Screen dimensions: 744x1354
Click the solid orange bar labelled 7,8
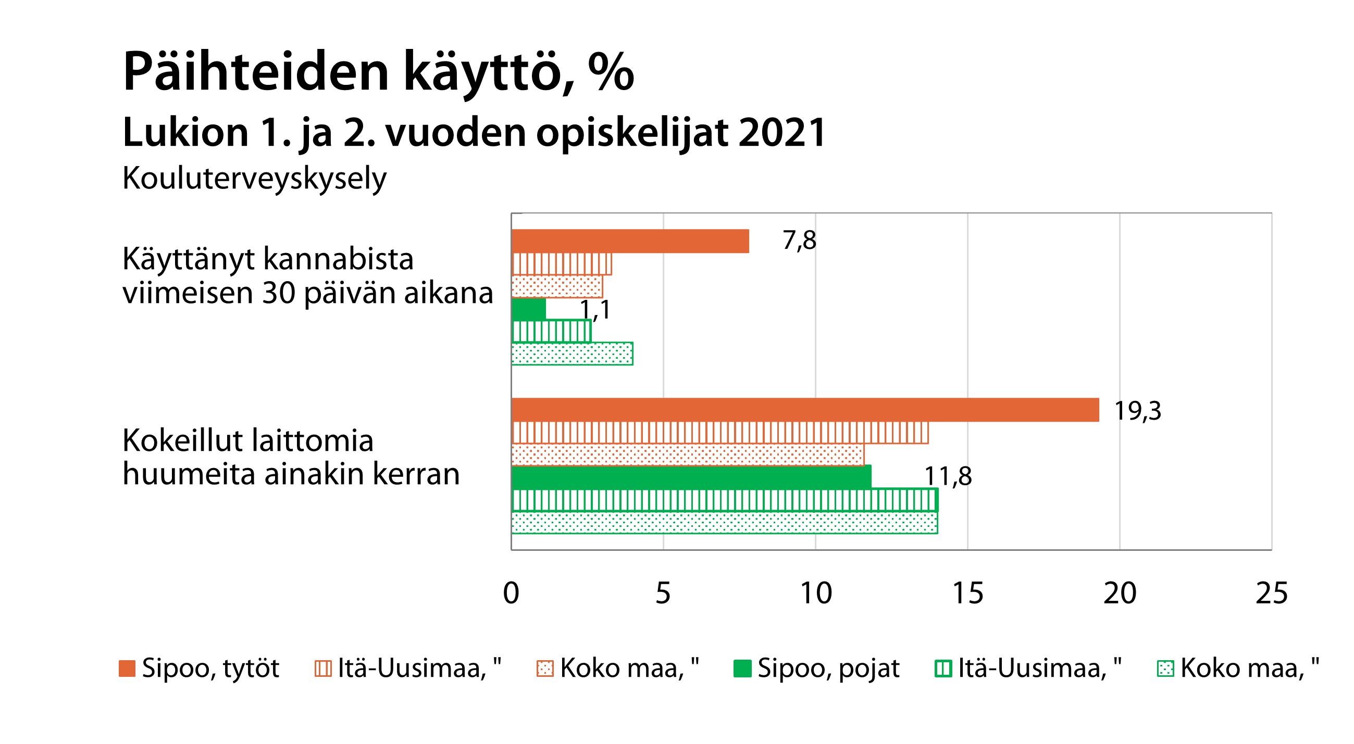[x=630, y=241]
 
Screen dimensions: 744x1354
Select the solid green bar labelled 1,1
[x=529, y=309]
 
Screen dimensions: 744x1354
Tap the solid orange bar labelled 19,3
[x=805, y=410]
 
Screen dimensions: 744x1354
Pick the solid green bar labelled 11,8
[x=691, y=476]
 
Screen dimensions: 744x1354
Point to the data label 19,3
[x=1137, y=410]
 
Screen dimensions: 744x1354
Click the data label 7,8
[x=799, y=241]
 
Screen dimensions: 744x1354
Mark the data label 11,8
[x=948, y=476]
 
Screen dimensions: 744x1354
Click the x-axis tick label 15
[x=967, y=593]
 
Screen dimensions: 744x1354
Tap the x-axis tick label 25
[x=1271, y=593]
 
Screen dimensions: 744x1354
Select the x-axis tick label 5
[x=663, y=593]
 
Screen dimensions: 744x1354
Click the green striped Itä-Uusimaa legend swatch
[x=943, y=669]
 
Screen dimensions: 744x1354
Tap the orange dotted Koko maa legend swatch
[x=544, y=669]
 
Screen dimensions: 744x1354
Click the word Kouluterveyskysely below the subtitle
[x=254, y=179]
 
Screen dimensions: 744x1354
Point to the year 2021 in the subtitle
[x=781, y=132]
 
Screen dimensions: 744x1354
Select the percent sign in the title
[x=611, y=71]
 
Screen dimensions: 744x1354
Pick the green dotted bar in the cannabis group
[x=572, y=354]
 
